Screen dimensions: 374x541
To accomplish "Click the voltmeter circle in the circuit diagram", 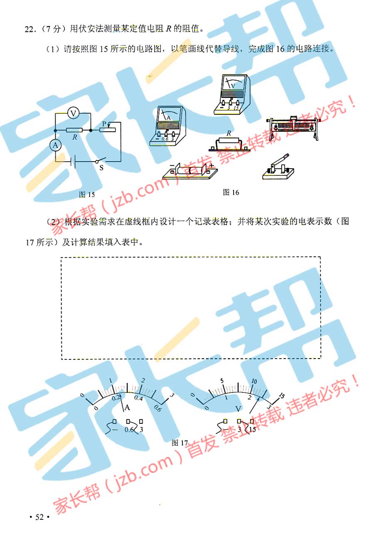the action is tap(73, 113).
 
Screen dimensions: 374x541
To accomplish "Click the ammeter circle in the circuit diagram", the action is tap(55, 145).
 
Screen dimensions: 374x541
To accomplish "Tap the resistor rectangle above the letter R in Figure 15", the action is tap(74, 130).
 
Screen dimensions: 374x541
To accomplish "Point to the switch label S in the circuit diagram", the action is tap(101, 167).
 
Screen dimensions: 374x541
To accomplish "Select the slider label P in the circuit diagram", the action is tap(104, 124).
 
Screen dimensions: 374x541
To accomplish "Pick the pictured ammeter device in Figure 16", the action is tap(167, 126).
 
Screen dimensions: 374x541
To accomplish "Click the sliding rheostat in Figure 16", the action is tap(293, 128).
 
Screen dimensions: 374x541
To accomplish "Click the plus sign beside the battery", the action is tap(212, 166).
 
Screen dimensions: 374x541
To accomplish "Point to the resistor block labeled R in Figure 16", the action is tap(229, 144).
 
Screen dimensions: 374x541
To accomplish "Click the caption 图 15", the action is tap(87, 194).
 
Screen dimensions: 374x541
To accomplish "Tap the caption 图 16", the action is tap(231, 192).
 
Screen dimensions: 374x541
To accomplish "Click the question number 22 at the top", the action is tap(29, 30).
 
